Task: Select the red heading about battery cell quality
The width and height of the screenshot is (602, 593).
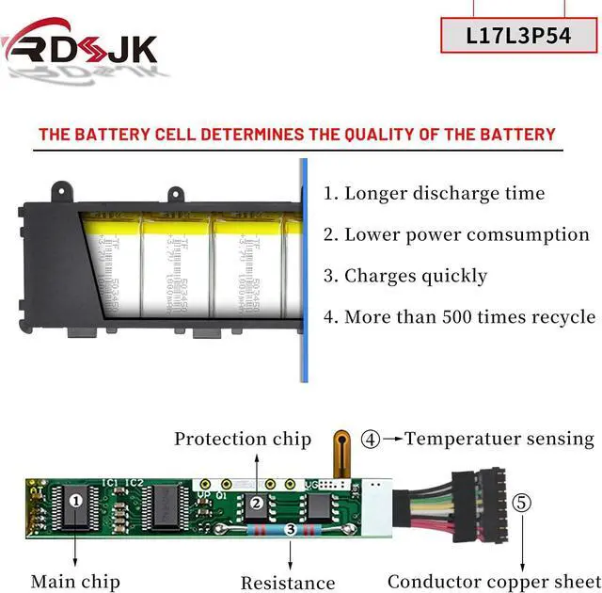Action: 297,134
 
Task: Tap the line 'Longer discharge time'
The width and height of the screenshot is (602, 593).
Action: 434,194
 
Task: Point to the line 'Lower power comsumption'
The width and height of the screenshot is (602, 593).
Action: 456,235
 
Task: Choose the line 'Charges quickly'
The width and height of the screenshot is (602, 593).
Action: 405,276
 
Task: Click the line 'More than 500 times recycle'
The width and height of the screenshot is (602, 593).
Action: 459,317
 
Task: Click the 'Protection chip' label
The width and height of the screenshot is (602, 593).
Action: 243,439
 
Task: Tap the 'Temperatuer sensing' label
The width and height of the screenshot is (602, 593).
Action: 499,439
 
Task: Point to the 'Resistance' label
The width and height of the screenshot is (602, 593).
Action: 288,583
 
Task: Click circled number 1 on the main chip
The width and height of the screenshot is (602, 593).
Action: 75,502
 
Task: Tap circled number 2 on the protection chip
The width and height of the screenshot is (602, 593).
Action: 256,503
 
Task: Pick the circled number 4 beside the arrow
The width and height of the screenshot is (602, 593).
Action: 372,439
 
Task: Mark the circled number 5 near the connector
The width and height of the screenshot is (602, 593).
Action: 522,502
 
